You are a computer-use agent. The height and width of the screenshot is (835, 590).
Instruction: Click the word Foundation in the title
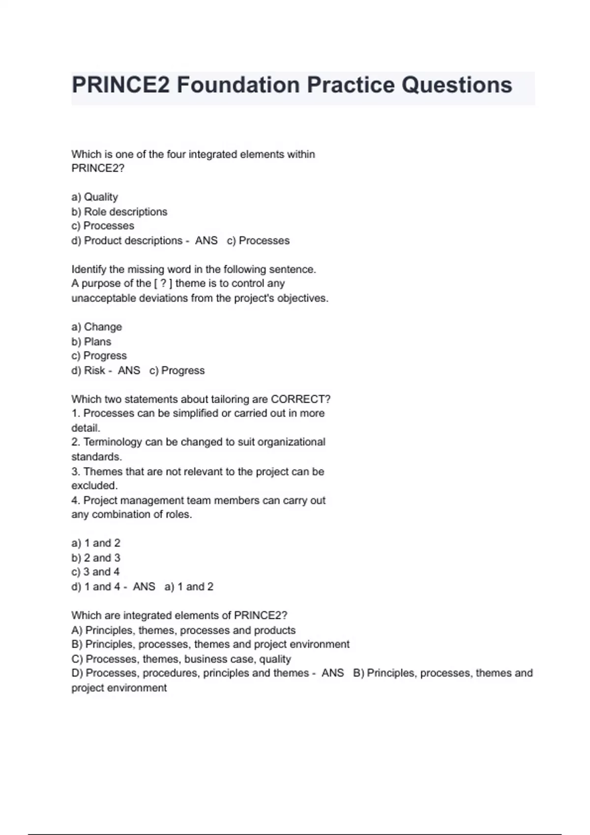tap(238, 85)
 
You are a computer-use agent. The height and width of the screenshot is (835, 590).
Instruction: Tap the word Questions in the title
tap(457, 85)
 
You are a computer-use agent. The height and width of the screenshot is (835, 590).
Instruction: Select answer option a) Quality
tap(95, 197)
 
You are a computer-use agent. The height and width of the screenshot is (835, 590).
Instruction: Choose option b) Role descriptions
tap(119, 212)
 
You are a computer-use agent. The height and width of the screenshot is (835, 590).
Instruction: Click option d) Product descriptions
tap(127, 241)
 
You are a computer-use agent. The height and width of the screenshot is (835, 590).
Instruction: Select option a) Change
tap(97, 327)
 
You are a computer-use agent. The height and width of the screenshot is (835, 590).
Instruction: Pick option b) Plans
tap(91, 341)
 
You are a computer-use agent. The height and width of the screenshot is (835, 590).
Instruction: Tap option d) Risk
tap(88, 370)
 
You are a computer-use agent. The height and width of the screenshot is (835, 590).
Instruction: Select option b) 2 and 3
tap(96, 558)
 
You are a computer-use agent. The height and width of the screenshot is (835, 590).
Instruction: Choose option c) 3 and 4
tap(95, 572)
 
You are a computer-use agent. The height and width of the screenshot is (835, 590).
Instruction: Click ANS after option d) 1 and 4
tap(144, 586)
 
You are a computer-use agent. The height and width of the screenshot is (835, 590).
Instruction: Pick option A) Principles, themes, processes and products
tap(183, 630)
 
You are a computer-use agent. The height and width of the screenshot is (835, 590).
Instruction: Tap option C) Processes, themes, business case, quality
tap(181, 659)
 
